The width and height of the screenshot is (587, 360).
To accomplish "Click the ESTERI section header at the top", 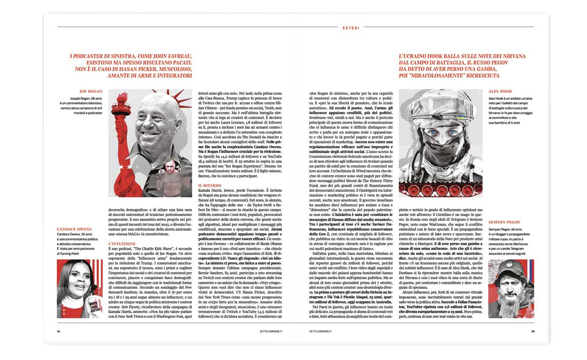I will pos(351,28).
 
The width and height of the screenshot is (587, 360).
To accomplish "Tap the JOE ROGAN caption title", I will pos(91,91).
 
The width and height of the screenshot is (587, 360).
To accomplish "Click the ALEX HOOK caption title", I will pos(500,91).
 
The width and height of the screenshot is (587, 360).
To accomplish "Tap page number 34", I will pos(58,331).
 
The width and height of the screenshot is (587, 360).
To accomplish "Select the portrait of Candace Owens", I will pos(76,288).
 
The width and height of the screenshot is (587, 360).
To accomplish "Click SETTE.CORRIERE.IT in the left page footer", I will pos(263,331).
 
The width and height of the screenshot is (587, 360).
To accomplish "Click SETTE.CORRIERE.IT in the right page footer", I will pos(322,331).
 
